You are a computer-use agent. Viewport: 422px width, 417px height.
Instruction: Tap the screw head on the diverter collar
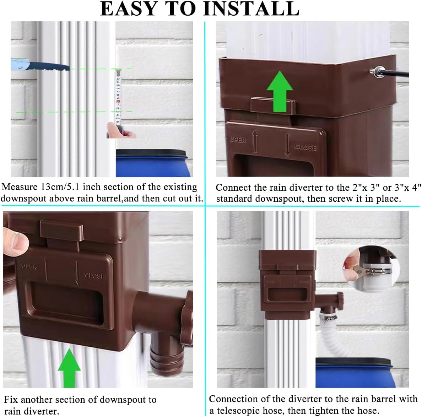tap(376, 70)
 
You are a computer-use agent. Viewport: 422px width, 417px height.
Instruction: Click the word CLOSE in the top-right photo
tap(305, 147)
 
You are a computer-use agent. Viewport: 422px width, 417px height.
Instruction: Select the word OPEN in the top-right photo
tap(238, 140)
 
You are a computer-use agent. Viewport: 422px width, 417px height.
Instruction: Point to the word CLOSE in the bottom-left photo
tap(94, 276)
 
